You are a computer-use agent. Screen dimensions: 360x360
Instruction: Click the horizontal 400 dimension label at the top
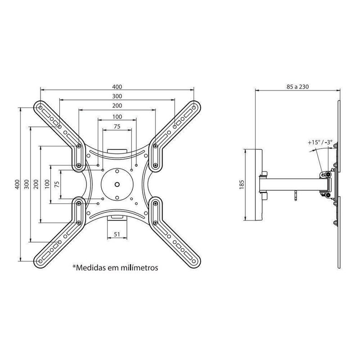[x=117, y=87]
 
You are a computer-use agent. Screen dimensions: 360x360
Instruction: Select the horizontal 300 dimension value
[x=117, y=96]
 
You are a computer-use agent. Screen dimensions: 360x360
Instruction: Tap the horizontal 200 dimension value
[x=117, y=106]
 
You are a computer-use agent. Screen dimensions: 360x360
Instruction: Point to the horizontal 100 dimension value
[x=117, y=117]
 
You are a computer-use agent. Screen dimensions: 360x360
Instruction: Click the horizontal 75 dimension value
[x=117, y=126]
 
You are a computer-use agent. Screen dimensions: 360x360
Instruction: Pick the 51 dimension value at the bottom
[x=117, y=234]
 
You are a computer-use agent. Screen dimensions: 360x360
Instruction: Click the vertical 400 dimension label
[x=17, y=184]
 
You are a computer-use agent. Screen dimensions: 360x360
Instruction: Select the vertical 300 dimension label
[x=27, y=184]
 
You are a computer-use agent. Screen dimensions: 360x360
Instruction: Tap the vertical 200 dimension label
[x=36, y=184]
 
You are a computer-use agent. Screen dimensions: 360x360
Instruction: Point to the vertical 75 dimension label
[x=57, y=184]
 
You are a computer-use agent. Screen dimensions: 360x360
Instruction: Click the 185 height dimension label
[x=242, y=184]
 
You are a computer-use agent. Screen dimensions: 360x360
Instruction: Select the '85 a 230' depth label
[x=297, y=87]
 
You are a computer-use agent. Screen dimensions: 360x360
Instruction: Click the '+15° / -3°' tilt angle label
[x=320, y=142]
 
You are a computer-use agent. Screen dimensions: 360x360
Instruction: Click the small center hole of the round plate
[x=117, y=184]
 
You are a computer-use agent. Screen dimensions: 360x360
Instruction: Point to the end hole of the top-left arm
[x=40, y=108]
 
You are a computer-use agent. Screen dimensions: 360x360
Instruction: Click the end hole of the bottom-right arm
[x=194, y=261]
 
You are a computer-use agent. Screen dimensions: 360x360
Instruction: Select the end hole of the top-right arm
[x=194, y=108]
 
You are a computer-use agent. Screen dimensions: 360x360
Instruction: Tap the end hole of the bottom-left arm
[x=40, y=261]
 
